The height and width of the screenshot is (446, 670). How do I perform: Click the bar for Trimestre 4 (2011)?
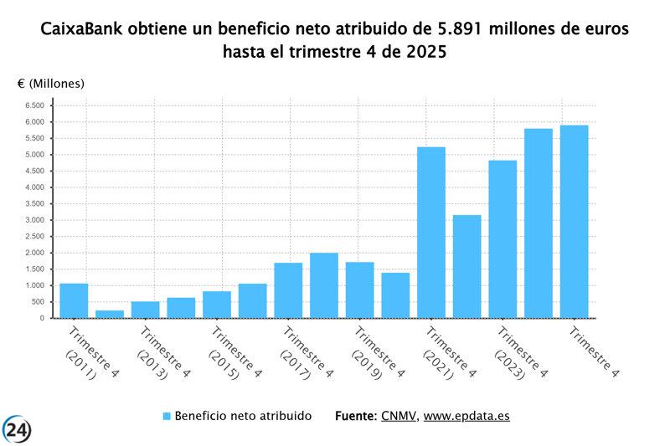coord(74,300)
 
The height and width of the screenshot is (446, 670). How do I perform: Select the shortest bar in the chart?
coord(109,314)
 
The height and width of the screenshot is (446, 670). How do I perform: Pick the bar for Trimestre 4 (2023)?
coord(502,239)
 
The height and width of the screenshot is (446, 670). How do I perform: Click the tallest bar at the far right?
coord(574,222)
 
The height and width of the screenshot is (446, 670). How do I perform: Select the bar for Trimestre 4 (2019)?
coord(359,290)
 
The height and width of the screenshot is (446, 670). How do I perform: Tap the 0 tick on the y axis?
coord(42,318)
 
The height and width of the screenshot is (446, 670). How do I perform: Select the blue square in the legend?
coord(166,416)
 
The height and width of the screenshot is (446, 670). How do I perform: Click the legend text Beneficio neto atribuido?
coord(243,416)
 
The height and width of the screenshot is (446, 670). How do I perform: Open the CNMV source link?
coord(398,416)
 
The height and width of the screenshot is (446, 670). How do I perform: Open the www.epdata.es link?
coord(466,416)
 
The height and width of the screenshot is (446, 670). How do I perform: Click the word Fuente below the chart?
coord(354,416)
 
